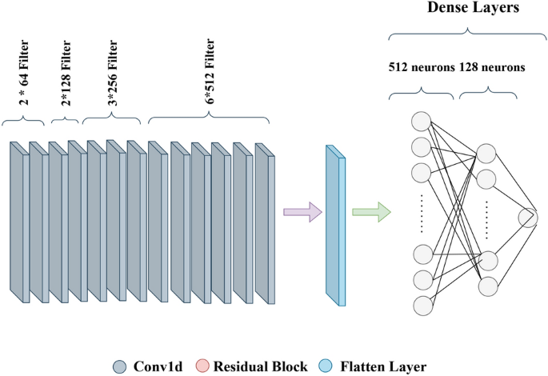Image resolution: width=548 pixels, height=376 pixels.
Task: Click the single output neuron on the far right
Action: coord(528,218)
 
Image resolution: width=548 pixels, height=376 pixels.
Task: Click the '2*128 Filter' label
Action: coord(63,80)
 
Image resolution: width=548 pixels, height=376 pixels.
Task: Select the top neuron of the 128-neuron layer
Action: coord(486,154)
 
